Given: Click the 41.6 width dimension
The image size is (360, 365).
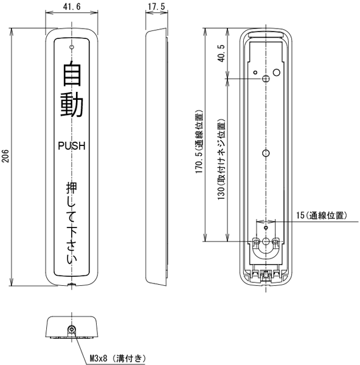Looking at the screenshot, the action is pos(72,7).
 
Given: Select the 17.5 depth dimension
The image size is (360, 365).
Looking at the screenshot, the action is pos(157,7).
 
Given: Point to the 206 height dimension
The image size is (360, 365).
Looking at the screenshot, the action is pos(5,156).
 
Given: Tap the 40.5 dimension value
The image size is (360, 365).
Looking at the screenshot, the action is pos(221,54).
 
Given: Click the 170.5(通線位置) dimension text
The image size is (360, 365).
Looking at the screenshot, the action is pos(199,142).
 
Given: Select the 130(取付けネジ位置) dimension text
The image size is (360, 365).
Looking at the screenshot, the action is pos(221,159).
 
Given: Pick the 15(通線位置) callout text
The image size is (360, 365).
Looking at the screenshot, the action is pos(322,215).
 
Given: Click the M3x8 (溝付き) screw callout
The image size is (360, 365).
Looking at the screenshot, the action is pos(118,358).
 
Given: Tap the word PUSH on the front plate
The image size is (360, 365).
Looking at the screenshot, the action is pos(72,146).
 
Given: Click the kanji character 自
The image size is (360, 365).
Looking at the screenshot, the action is pos(72,73).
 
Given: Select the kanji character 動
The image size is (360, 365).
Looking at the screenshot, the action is pos(72,105).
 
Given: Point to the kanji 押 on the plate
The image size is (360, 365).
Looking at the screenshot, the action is pos(72,188).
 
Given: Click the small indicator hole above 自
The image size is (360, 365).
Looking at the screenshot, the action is pos(72,47).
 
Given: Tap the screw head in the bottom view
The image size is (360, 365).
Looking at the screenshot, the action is pos(72,329).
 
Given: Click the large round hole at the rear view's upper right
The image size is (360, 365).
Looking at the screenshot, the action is pos(277,72).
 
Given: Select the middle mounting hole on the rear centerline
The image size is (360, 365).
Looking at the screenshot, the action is pos(266,153).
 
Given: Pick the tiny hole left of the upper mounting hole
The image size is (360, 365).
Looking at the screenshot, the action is pos(255,72).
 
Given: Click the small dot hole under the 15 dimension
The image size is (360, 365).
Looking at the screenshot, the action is pos(266,228).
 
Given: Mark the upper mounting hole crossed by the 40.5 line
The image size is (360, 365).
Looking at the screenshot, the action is pos(266,78).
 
